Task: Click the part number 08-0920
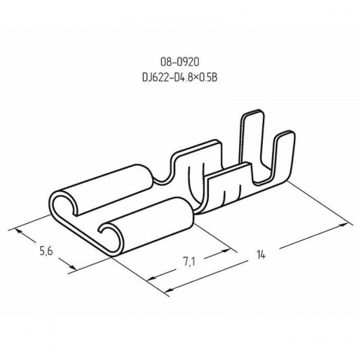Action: (180, 63)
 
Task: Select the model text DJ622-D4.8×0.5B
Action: (180, 77)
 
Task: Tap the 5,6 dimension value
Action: (46, 252)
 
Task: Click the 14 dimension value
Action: (261, 254)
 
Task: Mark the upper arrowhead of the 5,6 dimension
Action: (19, 232)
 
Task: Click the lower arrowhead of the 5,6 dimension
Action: (72, 267)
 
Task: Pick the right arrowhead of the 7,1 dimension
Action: (224, 251)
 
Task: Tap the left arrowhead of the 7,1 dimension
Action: (151, 278)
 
